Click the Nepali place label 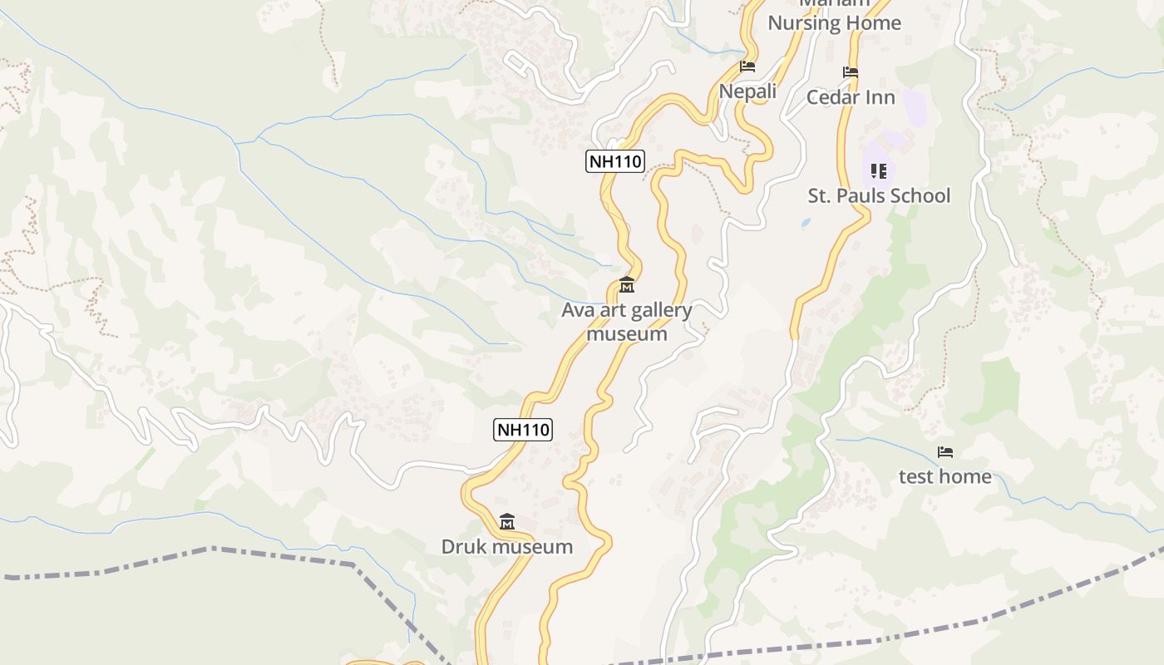point(747,91)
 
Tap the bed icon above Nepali point(747,66)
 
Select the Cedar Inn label point(851,97)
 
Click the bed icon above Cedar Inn point(851,72)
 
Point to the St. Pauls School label point(879,195)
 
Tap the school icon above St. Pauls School point(879,171)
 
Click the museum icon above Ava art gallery point(627,286)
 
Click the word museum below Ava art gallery point(627,334)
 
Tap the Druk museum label point(506,547)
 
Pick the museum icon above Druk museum point(507,522)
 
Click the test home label point(945,476)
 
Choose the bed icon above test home point(945,452)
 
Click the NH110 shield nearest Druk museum point(523,430)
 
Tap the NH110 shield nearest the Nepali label point(615,161)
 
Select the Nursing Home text point(834,23)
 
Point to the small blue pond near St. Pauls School point(806,223)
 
